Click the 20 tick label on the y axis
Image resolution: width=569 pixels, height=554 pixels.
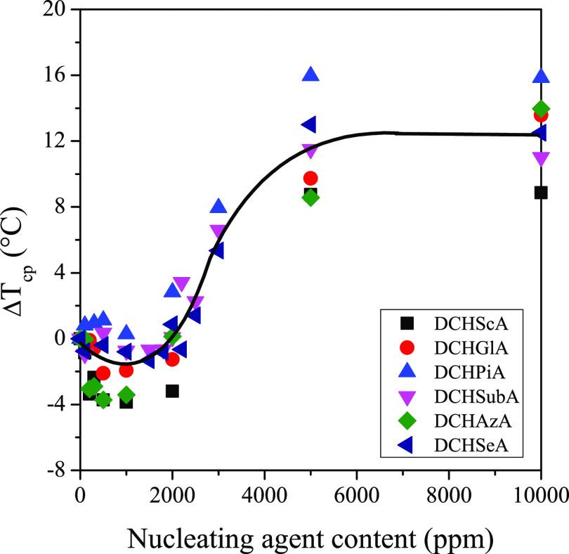(x=54, y=10)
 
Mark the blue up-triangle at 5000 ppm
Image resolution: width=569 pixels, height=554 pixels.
(x=310, y=74)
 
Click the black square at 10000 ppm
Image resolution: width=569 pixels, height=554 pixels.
(x=540, y=192)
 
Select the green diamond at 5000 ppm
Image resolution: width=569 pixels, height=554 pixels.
(x=310, y=198)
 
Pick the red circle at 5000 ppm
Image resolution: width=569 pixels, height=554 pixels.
(x=310, y=179)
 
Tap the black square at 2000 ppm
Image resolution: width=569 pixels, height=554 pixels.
(x=172, y=391)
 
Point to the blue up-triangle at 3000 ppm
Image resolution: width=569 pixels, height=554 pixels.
(x=218, y=206)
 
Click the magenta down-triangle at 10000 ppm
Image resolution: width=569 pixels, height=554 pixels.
(x=541, y=159)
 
